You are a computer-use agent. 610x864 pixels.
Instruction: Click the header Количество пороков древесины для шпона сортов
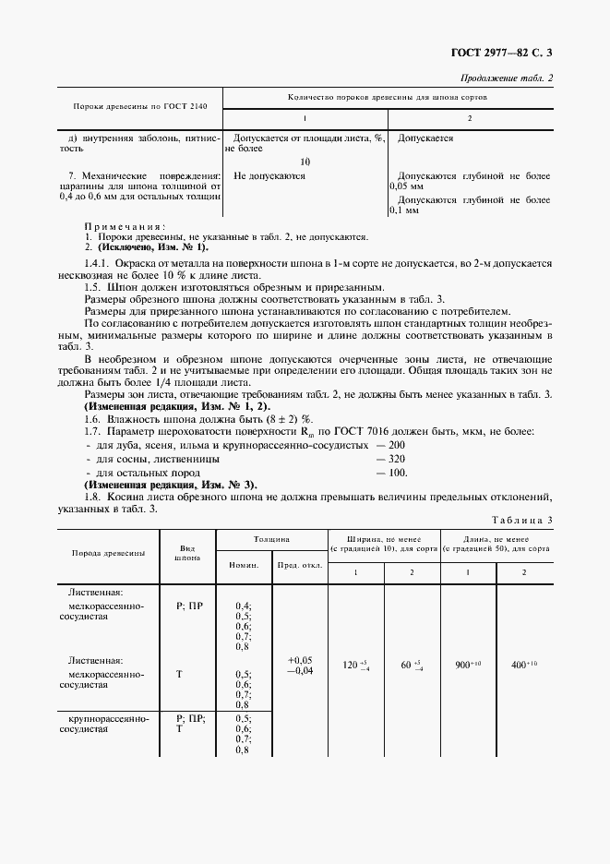(x=388, y=96)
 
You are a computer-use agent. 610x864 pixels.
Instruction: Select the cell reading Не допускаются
(x=269, y=174)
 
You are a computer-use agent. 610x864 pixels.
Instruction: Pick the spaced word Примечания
(x=125, y=226)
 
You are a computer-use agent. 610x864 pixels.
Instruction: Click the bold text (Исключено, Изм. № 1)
(x=151, y=247)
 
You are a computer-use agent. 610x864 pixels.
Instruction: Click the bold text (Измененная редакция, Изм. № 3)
(x=171, y=485)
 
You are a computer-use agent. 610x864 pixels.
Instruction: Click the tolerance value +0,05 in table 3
(x=299, y=661)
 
